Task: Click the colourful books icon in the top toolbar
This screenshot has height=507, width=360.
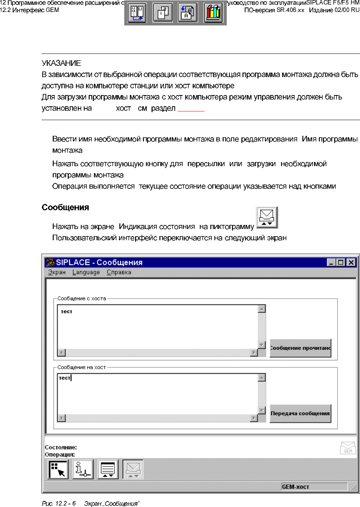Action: coord(213,13)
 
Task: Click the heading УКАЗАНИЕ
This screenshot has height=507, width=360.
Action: coord(61,63)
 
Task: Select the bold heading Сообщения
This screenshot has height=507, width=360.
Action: coord(65,207)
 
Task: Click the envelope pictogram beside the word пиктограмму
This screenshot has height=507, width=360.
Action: coord(267,217)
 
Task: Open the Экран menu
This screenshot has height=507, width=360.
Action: coord(57,272)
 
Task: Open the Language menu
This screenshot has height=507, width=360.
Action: coord(86,272)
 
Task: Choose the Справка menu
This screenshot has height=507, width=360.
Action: coord(119,272)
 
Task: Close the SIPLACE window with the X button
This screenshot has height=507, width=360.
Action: coord(351,262)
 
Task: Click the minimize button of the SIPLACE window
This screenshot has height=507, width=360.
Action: coord(331,262)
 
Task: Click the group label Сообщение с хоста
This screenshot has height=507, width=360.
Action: coord(82,299)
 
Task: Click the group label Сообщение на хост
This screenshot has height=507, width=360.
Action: coord(82,367)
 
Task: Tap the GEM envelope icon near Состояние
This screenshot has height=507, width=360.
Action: coord(348,448)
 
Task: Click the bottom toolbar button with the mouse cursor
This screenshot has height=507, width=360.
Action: coord(58,470)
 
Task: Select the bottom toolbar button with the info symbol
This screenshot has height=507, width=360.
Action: coord(83,470)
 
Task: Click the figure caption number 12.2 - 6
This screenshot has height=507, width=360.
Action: coord(65,504)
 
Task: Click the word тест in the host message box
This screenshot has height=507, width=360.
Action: coord(67,311)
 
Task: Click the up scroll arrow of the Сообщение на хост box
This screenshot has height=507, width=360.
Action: coord(262,378)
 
